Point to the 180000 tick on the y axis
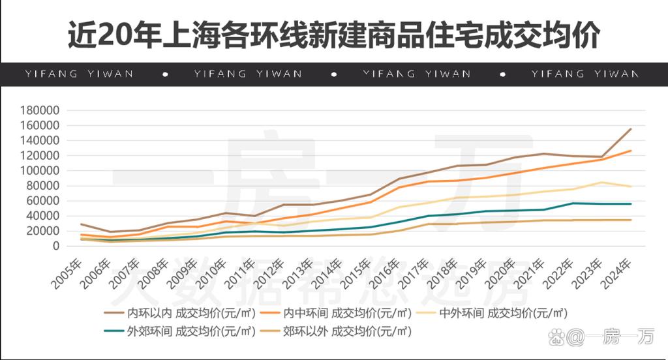pyautogui.click(x=40, y=110)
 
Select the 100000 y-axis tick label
pyautogui.click(x=40, y=171)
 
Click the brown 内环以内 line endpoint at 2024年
pyautogui.click(x=631, y=129)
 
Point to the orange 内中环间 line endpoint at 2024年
pyautogui.click(x=631, y=151)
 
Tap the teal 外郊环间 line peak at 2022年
pyautogui.click(x=573, y=203)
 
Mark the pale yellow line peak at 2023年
pyautogui.click(x=602, y=183)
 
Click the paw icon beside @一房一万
pyautogui.click(x=556, y=337)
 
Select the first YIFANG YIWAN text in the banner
pyautogui.click(x=79, y=74)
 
